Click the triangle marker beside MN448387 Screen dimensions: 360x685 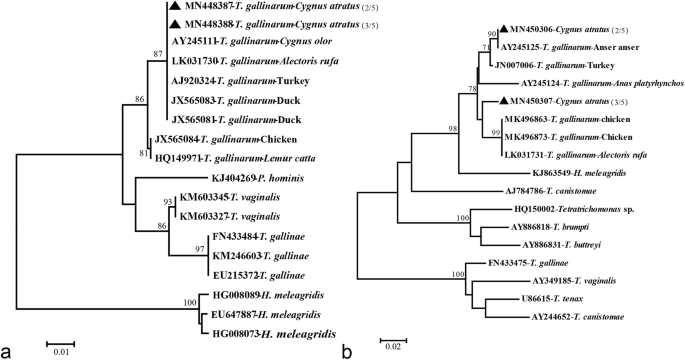click(x=175, y=7)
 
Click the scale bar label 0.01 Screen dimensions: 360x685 click(x=61, y=351)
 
